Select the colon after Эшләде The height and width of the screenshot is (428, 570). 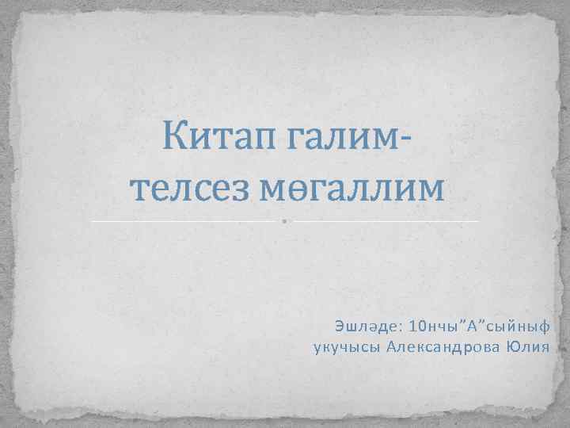coord(405,327)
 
